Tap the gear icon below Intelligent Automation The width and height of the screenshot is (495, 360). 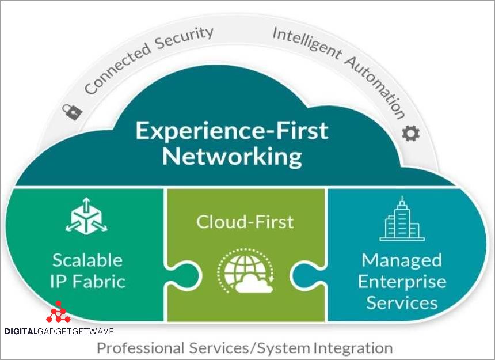pyautogui.click(x=411, y=134)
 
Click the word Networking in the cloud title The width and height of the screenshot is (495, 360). pyautogui.click(x=231, y=157)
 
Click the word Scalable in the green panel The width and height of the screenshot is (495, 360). pyautogui.click(x=87, y=260)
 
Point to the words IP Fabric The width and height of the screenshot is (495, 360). pyautogui.click(x=87, y=281)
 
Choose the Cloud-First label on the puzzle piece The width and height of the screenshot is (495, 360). pyautogui.click(x=245, y=221)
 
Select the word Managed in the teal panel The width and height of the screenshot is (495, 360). pyautogui.click(x=402, y=260)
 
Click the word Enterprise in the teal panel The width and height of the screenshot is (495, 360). pyautogui.click(x=402, y=281)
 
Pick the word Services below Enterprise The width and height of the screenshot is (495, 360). pyautogui.click(x=402, y=302)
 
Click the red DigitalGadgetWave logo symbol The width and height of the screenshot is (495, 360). pyautogui.click(x=58, y=312)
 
